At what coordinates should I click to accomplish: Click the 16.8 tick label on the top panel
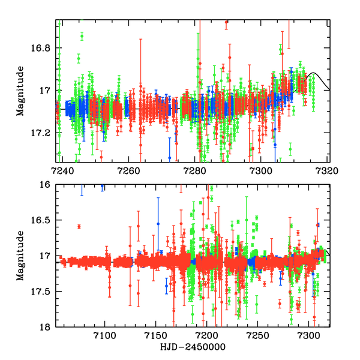[42, 48]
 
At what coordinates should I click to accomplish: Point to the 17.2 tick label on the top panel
[42, 133]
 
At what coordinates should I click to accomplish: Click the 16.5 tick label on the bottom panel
[42, 220]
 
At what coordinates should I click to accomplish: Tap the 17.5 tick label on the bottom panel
[42, 292]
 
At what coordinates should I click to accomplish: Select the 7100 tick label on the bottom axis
[104, 336]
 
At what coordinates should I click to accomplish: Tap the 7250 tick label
[258, 336]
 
